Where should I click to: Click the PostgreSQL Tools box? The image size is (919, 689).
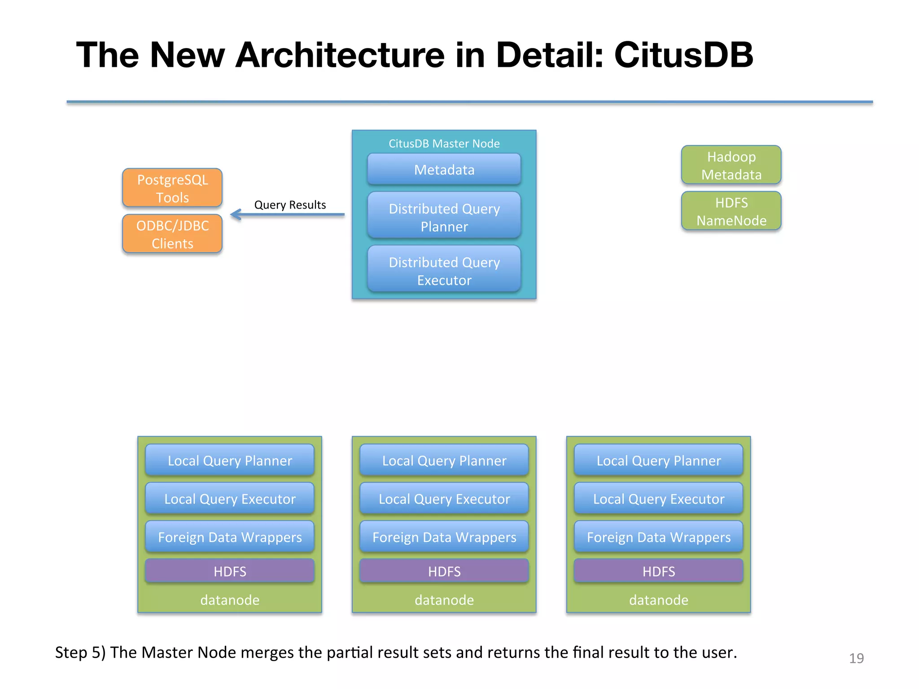(172, 188)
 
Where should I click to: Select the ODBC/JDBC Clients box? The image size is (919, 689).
(172, 234)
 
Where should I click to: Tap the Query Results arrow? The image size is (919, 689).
(287, 214)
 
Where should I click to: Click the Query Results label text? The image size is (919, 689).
(290, 205)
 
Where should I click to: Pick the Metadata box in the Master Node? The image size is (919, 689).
(444, 170)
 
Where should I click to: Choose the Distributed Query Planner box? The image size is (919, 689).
(444, 217)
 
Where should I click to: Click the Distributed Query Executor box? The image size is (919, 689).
(444, 270)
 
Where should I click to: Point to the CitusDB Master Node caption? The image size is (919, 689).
(444, 144)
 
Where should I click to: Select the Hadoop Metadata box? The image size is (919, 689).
(731, 165)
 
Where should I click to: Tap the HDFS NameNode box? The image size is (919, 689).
(731, 211)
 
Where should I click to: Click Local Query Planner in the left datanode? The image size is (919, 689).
(230, 460)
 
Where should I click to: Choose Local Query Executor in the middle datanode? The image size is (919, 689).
(444, 499)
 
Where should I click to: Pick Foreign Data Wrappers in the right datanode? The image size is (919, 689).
(658, 537)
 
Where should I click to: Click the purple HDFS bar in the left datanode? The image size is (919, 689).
(230, 571)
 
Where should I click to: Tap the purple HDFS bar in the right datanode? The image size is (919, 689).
(658, 571)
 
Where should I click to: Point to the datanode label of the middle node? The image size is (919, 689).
(444, 600)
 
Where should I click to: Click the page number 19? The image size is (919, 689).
(856, 658)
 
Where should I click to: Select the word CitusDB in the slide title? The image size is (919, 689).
(683, 55)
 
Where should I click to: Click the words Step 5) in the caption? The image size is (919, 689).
(80, 652)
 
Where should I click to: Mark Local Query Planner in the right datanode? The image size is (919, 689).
(658, 460)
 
